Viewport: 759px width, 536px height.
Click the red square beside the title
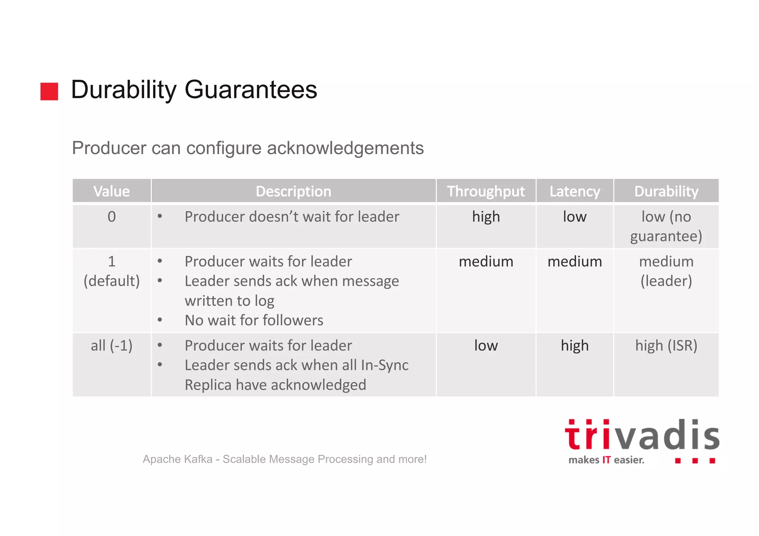click(49, 91)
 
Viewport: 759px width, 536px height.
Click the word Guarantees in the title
click(251, 90)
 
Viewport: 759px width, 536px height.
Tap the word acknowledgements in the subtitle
click(345, 148)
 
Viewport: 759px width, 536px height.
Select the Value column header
click(112, 191)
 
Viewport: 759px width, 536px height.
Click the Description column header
click(293, 191)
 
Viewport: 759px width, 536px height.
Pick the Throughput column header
click(485, 191)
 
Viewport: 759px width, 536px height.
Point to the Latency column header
click(574, 191)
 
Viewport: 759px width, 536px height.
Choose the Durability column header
click(666, 191)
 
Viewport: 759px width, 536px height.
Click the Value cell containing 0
click(112, 217)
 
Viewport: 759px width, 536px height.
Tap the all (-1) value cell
click(112, 346)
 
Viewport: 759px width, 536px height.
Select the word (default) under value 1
click(112, 281)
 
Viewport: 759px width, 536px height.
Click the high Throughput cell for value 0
click(486, 217)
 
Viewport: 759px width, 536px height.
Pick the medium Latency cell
click(574, 262)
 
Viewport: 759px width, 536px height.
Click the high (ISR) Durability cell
click(666, 346)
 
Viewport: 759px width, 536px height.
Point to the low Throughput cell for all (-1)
click(486, 346)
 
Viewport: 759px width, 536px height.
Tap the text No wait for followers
click(254, 320)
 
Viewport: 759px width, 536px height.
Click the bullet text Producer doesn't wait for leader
click(292, 217)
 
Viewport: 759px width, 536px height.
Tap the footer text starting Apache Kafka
click(285, 459)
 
